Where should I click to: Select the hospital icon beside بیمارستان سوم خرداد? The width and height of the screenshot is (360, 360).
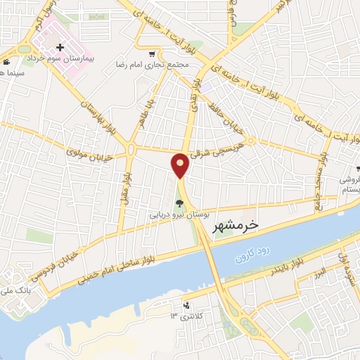click(60, 48)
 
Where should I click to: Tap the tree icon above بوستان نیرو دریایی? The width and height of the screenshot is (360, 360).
click(176, 203)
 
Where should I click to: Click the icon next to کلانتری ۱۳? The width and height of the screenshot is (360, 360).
click(186, 306)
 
